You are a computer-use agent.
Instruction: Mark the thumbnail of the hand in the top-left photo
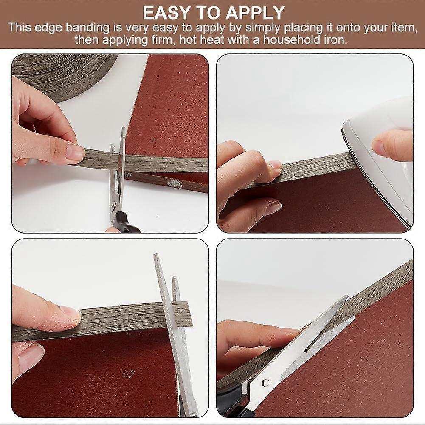pos(75,152)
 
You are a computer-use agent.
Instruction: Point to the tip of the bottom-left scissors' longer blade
pos(156,256)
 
